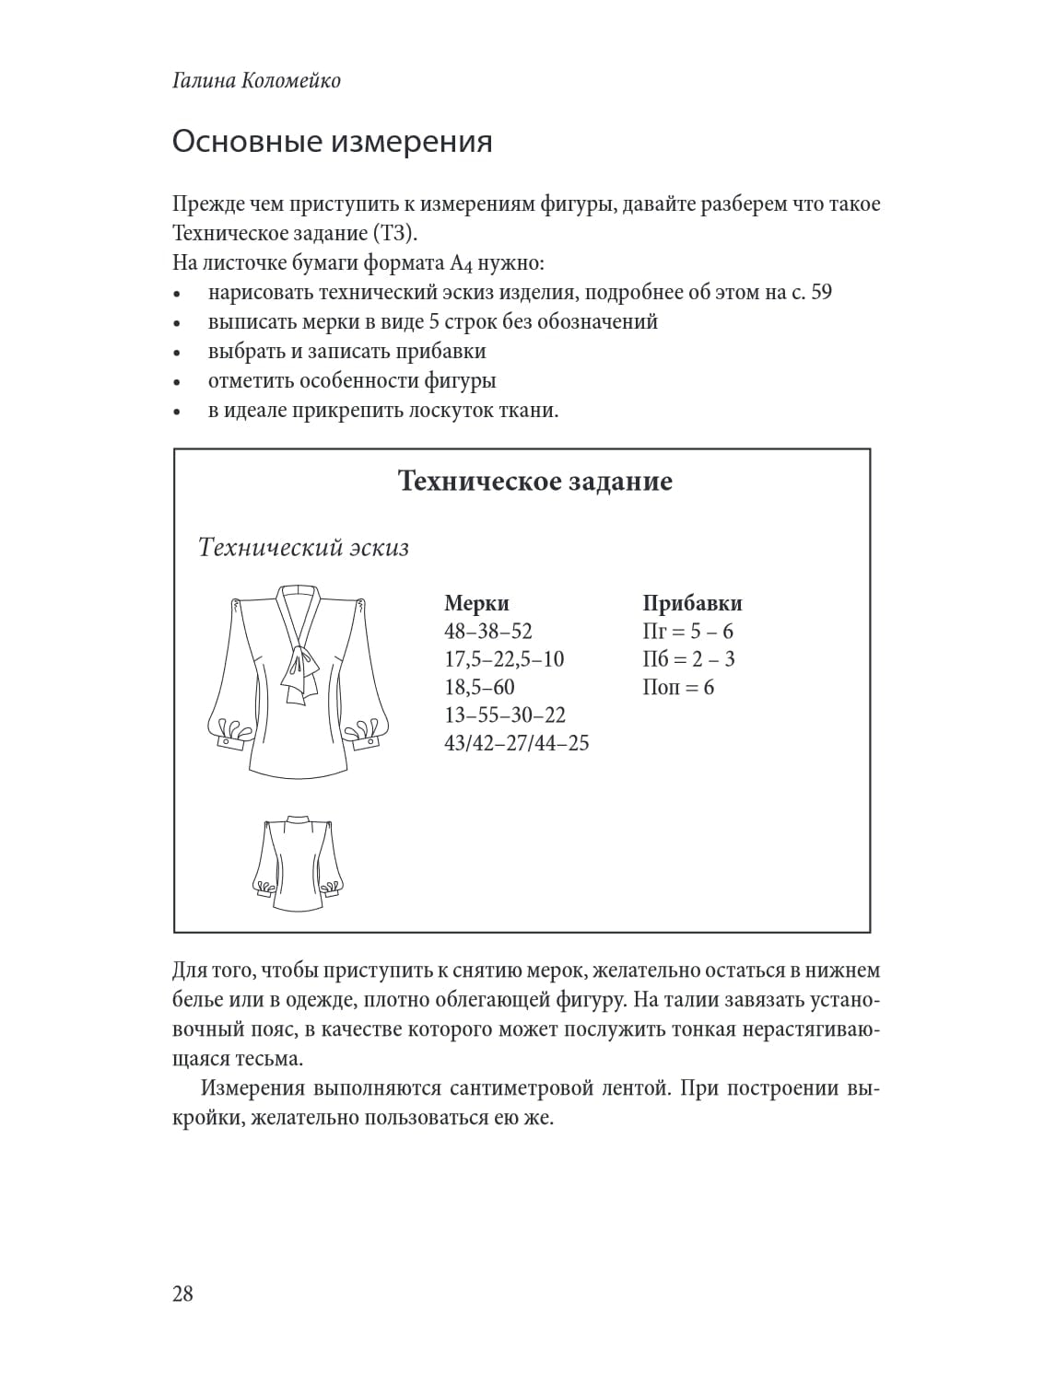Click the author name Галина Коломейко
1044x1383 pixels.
tap(256, 81)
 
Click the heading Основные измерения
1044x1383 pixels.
tap(332, 142)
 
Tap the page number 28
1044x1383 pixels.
tap(182, 1294)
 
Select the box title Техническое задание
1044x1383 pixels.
tap(534, 481)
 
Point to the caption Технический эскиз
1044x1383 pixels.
tap(303, 548)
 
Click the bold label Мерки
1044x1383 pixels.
tap(476, 603)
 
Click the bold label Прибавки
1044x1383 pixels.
tap(692, 603)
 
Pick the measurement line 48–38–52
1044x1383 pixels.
tap(488, 632)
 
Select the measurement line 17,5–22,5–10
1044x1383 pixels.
tap(504, 659)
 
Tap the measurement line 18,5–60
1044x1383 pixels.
tap(479, 687)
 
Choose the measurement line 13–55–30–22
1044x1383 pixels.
tap(505, 715)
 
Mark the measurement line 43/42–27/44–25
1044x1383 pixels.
tap(516, 742)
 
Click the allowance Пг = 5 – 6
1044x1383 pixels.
tap(687, 632)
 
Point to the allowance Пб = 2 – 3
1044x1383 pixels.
tap(688, 659)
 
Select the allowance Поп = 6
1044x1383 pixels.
tap(678, 687)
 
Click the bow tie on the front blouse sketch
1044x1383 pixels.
tap(299, 668)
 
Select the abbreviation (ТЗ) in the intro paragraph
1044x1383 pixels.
tap(398, 233)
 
